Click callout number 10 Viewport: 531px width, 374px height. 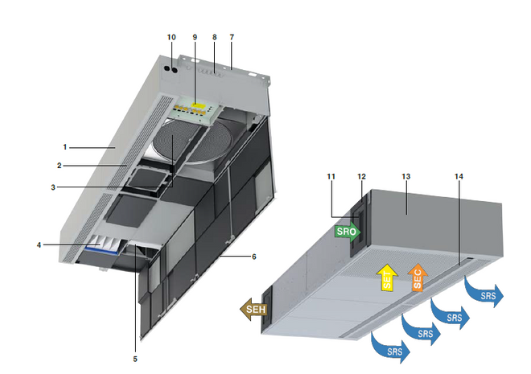pyautogui.click(x=171, y=37)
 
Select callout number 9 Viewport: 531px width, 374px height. pyautogui.click(x=195, y=37)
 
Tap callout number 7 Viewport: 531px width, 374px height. pyautogui.click(x=232, y=37)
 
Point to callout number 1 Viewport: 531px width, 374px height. pyautogui.click(x=65, y=147)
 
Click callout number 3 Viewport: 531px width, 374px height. pyautogui.click(x=53, y=187)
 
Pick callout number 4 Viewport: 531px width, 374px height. pyautogui.click(x=39, y=245)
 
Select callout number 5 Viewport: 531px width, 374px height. pyautogui.click(x=135, y=359)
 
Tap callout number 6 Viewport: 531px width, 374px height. pyautogui.click(x=254, y=257)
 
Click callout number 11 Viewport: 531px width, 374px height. pyautogui.click(x=331, y=177)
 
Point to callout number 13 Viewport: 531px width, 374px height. pyautogui.click(x=406, y=177)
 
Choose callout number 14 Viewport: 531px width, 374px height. pyautogui.click(x=459, y=177)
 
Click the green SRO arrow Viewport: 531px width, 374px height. pyautogui.click(x=348, y=232)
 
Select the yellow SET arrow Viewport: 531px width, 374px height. pyautogui.click(x=388, y=278)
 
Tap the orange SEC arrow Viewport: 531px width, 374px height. pyautogui.click(x=418, y=277)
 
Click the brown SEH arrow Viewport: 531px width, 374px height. pyautogui.click(x=253, y=310)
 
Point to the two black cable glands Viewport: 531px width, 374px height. pyautogui.click(x=171, y=69)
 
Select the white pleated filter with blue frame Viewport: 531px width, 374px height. pyautogui.click(x=103, y=244)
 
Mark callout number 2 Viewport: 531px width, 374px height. pyautogui.click(x=60, y=166)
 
